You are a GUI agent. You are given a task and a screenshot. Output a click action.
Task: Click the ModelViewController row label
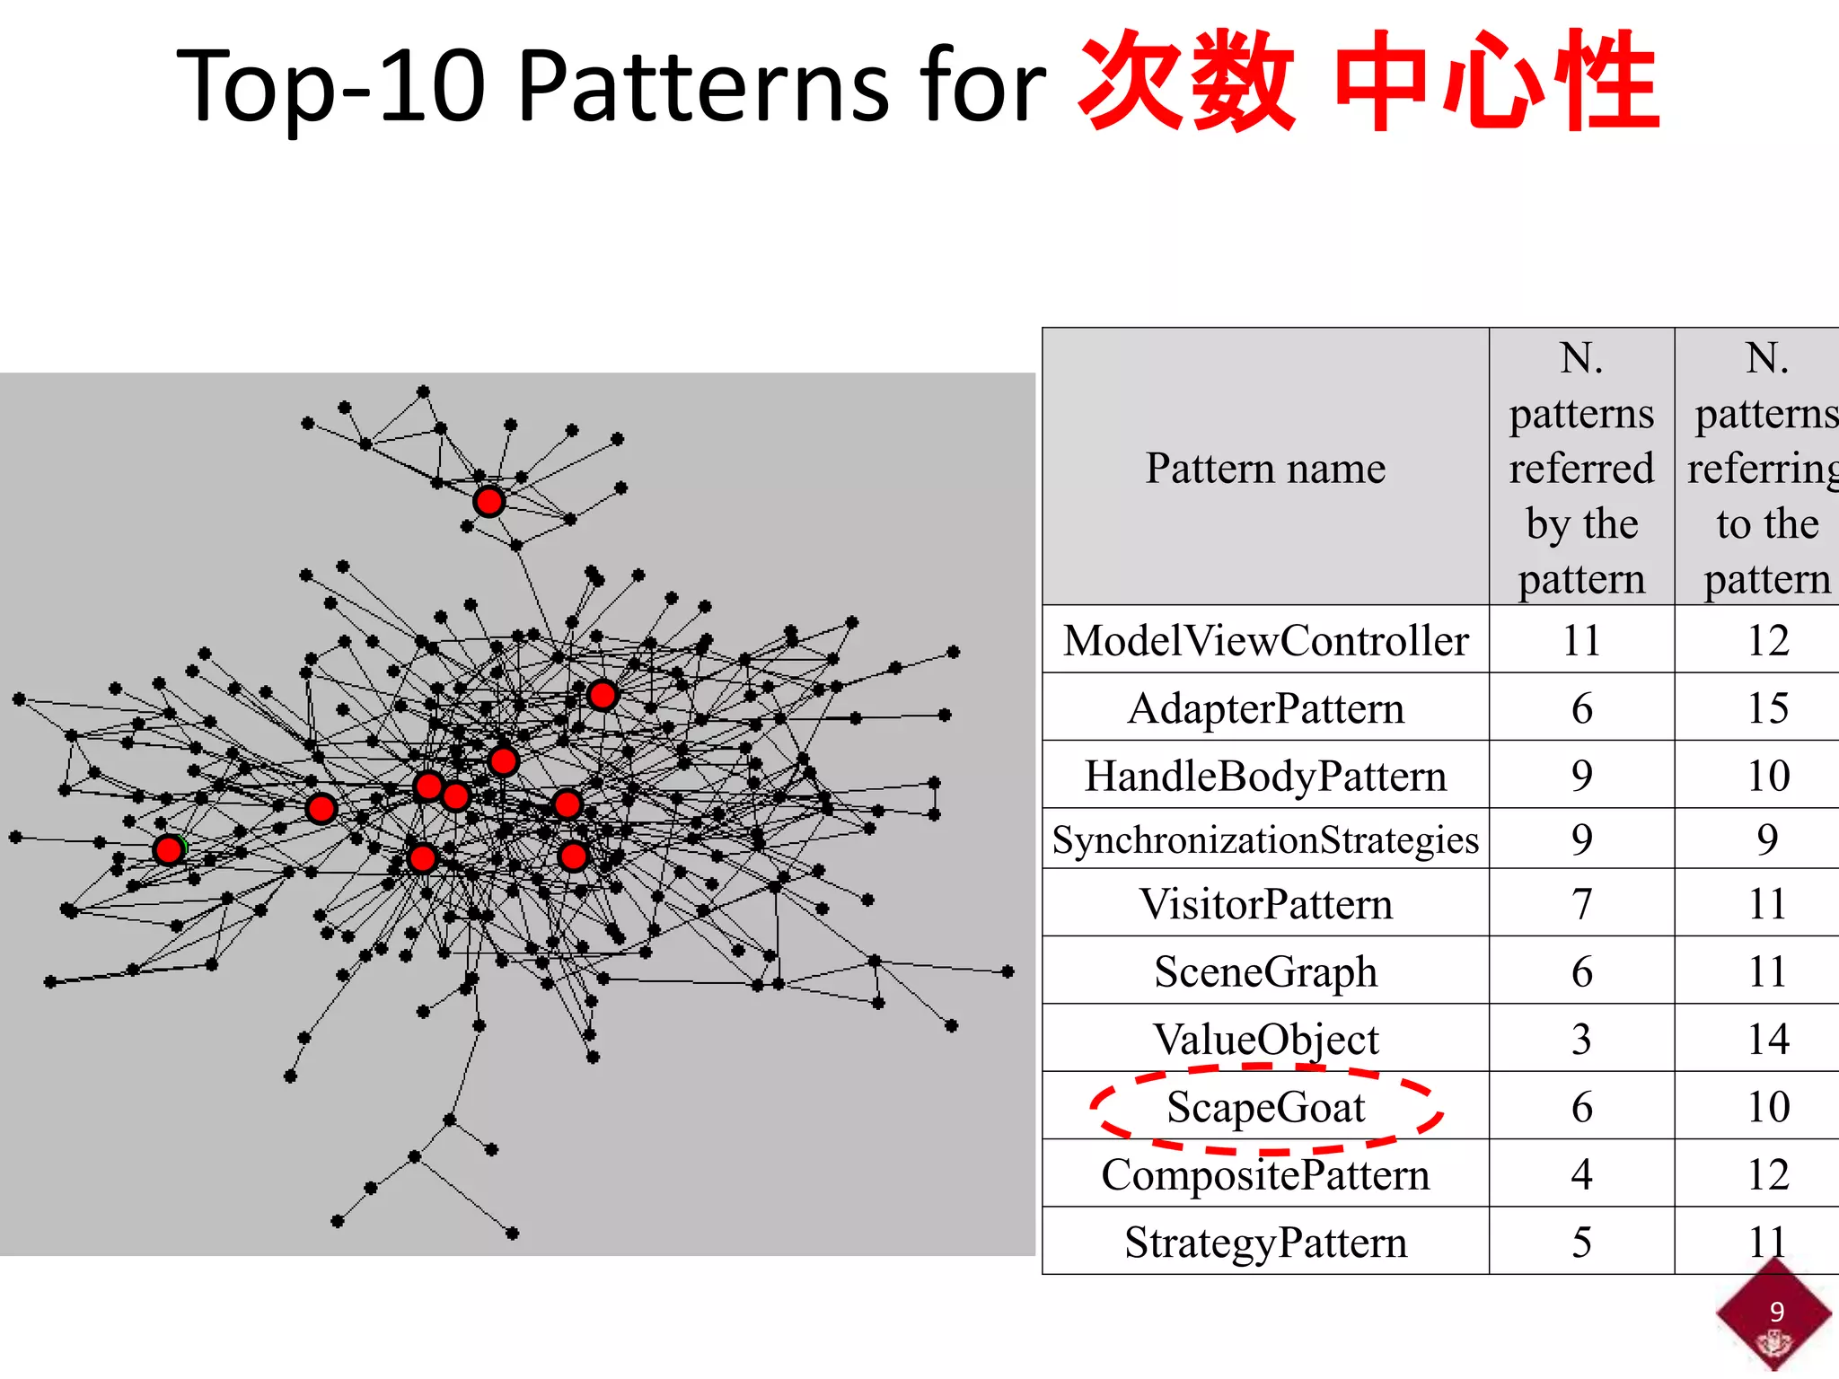coord(1265,641)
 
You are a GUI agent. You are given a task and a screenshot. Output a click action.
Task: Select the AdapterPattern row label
coord(1265,708)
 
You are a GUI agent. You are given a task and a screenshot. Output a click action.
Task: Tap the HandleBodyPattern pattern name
coord(1265,777)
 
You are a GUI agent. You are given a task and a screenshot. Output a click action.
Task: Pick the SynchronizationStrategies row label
coord(1265,840)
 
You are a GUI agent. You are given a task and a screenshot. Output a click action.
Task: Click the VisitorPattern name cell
coord(1265,904)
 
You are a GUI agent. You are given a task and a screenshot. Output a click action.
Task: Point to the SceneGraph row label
coord(1265,971)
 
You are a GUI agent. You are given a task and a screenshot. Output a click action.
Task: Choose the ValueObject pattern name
coord(1265,1040)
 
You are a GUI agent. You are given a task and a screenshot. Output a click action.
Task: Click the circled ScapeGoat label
coord(1265,1107)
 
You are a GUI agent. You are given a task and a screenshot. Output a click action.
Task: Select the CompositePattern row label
coord(1265,1174)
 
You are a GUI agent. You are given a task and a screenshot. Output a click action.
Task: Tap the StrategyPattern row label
coord(1265,1243)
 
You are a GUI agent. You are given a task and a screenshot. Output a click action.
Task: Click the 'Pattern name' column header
coord(1265,469)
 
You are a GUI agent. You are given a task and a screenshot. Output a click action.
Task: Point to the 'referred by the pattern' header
coord(1581,469)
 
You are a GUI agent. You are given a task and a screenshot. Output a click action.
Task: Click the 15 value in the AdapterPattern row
coord(1767,708)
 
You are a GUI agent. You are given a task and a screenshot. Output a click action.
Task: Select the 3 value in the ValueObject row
coord(1581,1040)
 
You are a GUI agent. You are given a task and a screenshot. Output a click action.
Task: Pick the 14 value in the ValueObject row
coord(1767,1040)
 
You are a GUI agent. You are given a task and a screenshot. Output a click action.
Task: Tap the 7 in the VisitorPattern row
coord(1581,904)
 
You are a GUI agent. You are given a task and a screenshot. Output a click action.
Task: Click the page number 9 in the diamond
coord(1776,1312)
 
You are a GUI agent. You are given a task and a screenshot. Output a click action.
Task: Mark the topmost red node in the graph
coord(488,501)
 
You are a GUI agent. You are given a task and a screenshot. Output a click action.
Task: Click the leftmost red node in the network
coord(168,849)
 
